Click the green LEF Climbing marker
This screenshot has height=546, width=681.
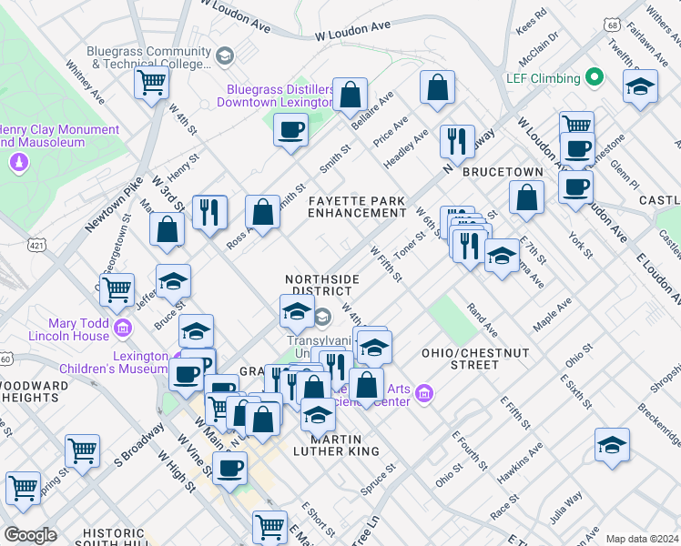[595, 78]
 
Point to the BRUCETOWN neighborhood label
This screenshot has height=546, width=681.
[503, 172]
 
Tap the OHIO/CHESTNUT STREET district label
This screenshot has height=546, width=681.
[461, 358]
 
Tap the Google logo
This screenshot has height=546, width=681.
[30, 535]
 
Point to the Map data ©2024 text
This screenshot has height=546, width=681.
[641, 539]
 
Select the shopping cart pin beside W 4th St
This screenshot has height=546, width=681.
[151, 84]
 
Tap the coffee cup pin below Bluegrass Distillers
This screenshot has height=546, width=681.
[290, 130]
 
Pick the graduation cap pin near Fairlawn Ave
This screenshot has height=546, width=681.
[641, 87]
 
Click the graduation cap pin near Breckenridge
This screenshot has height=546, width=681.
[612, 446]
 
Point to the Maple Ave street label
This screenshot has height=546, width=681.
[553, 311]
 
